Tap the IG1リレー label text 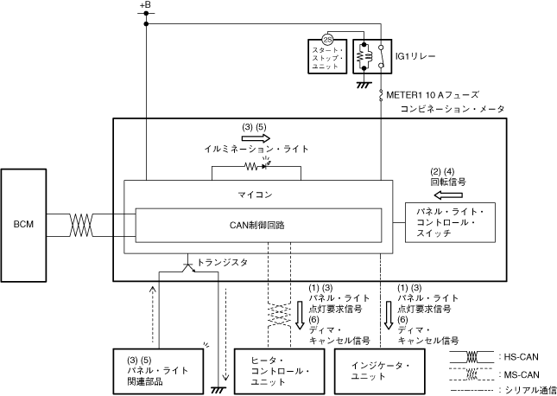[415, 55]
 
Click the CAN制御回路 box [263, 225]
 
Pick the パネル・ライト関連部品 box [159, 371]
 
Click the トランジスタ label [221, 261]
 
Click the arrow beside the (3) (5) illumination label [255, 137]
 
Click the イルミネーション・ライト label [256, 150]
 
